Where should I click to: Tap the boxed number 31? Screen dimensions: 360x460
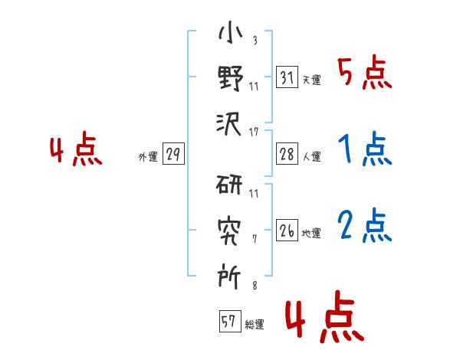click(287, 77)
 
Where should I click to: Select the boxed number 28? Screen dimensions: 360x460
click(287, 154)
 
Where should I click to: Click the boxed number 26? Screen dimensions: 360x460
click(287, 231)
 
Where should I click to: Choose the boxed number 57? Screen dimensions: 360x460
click(229, 321)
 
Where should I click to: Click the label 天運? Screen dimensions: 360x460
click(311, 80)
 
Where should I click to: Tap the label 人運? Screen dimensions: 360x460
click(311, 157)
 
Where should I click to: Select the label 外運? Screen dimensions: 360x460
click(147, 157)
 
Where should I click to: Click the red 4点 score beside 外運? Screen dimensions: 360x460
click(75, 151)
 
